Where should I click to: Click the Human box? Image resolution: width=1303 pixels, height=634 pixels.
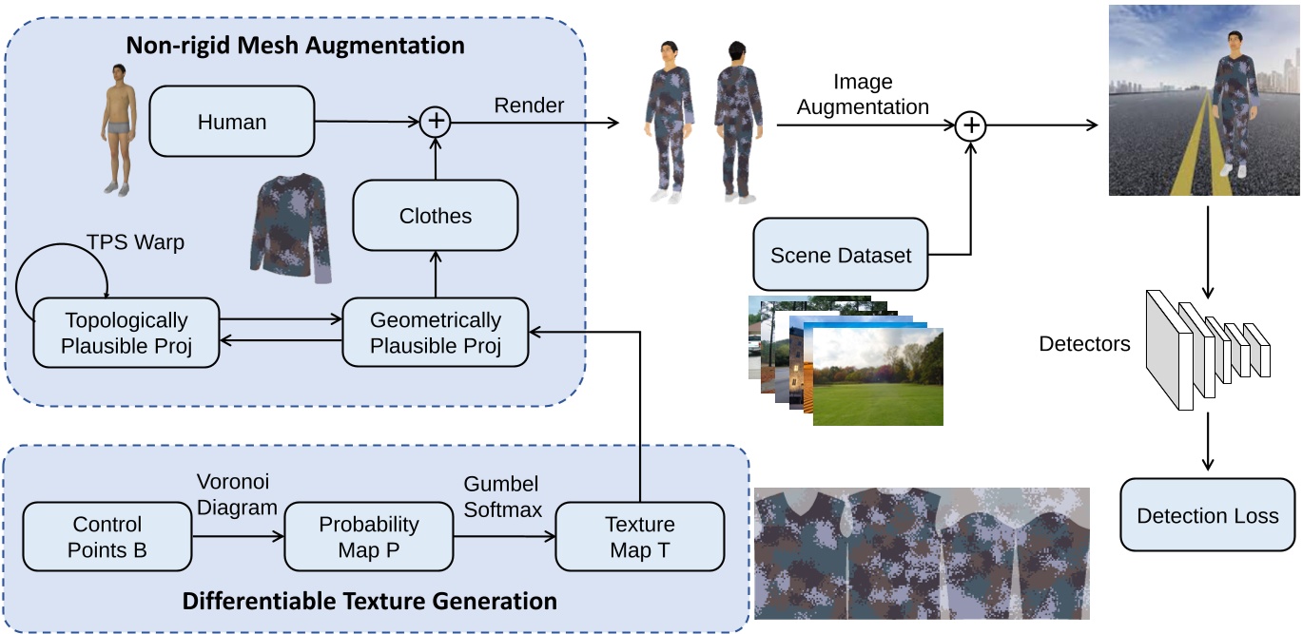pos(232,122)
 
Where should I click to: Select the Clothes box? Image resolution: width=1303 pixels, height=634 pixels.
pos(436,216)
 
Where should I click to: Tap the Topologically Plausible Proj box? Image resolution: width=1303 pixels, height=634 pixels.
pos(126,333)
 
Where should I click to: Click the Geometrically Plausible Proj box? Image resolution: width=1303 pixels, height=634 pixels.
pos(436,333)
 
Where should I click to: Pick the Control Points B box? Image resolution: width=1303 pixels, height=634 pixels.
pos(107,537)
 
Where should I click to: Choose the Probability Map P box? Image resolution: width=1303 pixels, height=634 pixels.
pos(369,537)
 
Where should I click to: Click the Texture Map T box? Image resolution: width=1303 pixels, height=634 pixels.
pos(640,537)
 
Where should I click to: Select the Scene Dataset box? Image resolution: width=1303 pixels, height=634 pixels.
pos(841,255)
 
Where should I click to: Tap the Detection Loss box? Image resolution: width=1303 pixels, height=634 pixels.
pos(1208,516)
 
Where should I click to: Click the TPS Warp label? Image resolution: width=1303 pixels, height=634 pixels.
pos(136,242)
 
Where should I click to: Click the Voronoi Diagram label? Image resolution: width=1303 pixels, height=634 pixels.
pos(236,495)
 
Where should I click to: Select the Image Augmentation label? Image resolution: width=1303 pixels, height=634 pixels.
pos(863,95)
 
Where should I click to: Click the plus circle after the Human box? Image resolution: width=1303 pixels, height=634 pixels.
pos(436,121)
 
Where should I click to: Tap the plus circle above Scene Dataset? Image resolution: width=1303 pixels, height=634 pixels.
pos(971,125)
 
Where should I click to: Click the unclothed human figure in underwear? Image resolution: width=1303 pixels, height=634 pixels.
pos(118,128)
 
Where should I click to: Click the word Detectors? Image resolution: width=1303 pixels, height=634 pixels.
pos(1084,344)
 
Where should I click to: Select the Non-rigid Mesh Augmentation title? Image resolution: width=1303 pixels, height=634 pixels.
pos(296,45)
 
